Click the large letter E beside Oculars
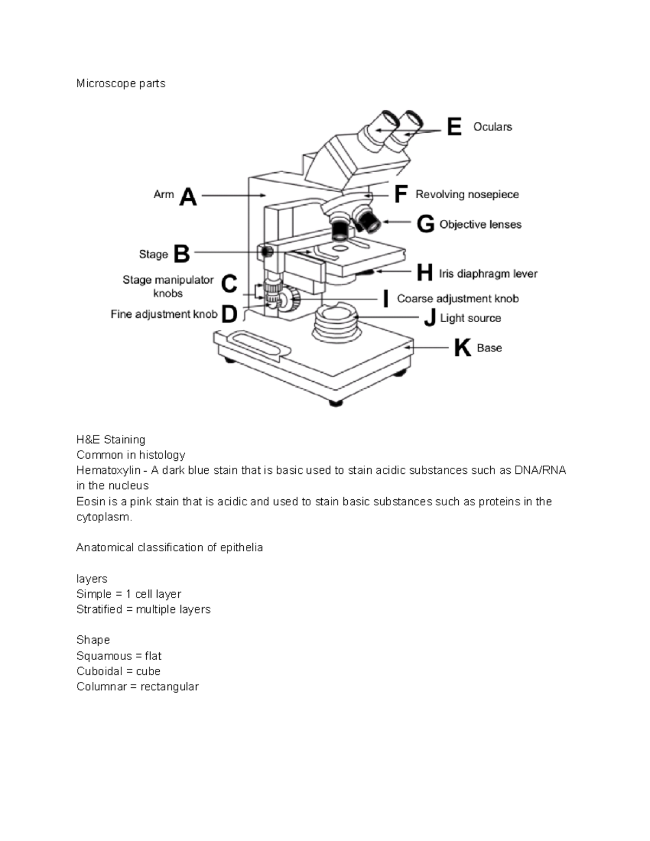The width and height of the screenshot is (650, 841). (454, 127)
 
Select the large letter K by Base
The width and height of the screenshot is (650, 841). (462, 348)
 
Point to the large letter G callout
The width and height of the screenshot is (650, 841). (425, 225)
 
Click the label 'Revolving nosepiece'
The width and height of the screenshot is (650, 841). (467, 194)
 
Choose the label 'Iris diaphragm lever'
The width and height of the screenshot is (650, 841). (488, 274)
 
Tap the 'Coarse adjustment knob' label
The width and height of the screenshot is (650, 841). (458, 299)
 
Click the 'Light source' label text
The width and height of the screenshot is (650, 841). (470, 318)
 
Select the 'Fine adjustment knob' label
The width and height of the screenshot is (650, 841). (164, 314)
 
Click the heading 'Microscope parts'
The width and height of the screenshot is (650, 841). (121, 83)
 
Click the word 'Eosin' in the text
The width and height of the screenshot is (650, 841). (91, 501)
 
